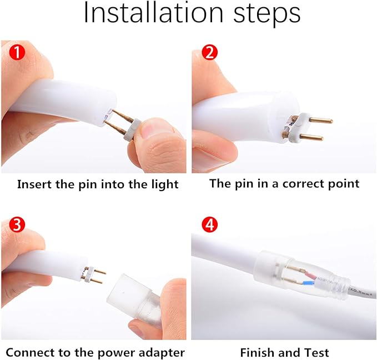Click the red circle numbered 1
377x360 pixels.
tap(17, 52)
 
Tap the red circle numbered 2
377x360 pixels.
tap(210, 52)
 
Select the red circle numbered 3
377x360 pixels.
tap(17, 225)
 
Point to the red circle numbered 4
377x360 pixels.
tap(210, 225)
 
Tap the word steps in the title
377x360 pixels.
tap(267, 14)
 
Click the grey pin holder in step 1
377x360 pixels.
tap(132, 129)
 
